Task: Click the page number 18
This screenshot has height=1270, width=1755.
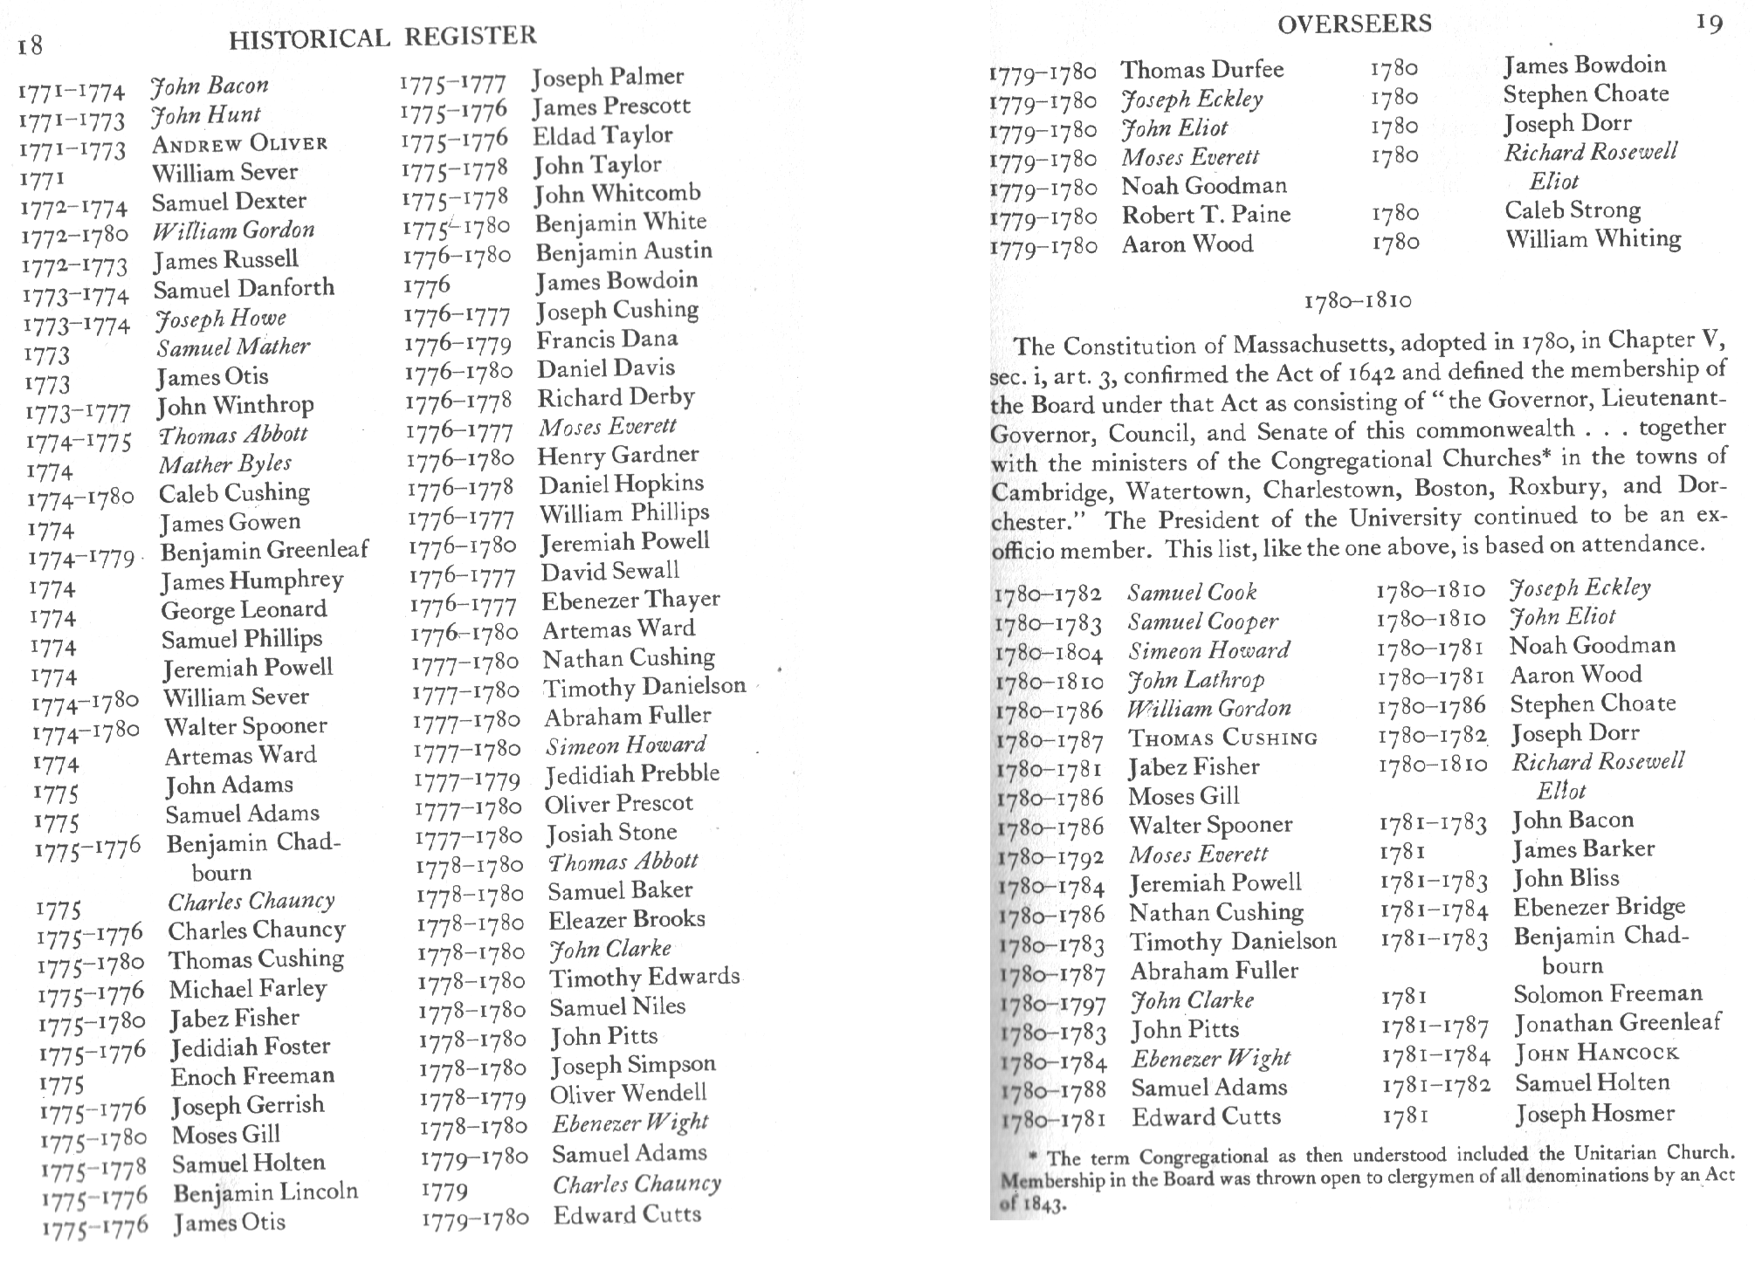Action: pos(31,45)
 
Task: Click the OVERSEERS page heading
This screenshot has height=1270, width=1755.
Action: pos(1353,24)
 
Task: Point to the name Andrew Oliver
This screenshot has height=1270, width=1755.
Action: pos(240,143)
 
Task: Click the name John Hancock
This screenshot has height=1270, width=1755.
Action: pos(1596,1054)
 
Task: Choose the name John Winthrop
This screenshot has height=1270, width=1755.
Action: pos(235,406)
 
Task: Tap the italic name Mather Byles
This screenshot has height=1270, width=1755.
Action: pos(224,464)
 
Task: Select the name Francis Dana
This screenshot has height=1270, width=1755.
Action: pos(607,340)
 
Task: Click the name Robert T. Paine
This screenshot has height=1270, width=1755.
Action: pos(1206,215)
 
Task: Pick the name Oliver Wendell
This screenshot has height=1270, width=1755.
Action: pos(628,1094)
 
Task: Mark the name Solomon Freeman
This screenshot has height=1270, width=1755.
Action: pos(1607,994)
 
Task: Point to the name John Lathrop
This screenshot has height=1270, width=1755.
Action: pos(1195,680)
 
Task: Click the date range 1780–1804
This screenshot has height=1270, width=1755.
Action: pos(1049,654)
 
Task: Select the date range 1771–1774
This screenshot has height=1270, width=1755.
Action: pos(72,91)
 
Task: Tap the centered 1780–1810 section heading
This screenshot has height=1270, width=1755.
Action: pos(1357,301)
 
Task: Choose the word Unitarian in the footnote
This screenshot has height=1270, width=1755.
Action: pos(1603,1154)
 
